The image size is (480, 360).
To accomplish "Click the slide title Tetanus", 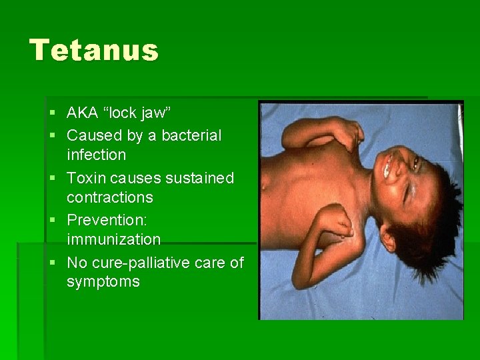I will [x=94, y=51].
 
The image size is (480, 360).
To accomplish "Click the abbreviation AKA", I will [x=82, y=114].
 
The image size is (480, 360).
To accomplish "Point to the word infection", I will [x=96, y=155].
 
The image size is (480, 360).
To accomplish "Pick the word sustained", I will [x=205, y=178].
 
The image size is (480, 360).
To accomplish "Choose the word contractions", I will [x=109, y=197].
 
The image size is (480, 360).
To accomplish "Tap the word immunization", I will [x=113, y=239].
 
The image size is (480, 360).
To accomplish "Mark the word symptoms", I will [x=103, y=281].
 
